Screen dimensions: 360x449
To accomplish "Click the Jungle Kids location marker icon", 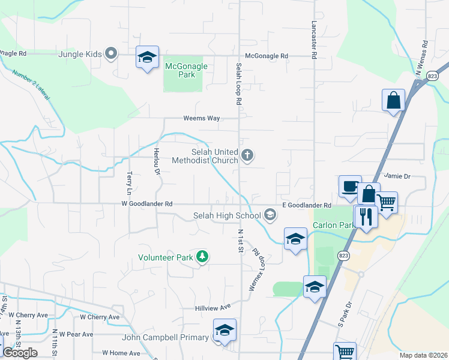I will (110, 54).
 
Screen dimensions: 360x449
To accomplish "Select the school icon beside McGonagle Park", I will (147, 58).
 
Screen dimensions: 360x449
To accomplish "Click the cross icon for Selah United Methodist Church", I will (247, 156).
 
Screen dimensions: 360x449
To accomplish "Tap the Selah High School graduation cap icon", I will (270, 215).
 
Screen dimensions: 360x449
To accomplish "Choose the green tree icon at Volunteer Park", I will (203, 257).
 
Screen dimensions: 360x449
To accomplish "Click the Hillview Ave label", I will (213, 307).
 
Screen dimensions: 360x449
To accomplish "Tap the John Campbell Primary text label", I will (165, 338).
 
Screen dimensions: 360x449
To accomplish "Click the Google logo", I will (20, 353).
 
